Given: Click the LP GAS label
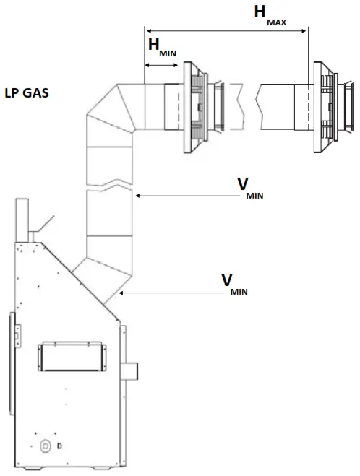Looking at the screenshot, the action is click(x=27, y=93).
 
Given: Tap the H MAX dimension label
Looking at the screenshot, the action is click(x=270, y=15).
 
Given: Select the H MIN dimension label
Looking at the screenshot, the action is click(x=162, y=48).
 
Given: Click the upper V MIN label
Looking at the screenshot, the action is click(x=250, y=189).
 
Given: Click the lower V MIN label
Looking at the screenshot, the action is click(x=234, y=284).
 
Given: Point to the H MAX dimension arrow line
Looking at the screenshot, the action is click(x=226, y=30).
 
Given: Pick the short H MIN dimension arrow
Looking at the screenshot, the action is click(x=162, y=65).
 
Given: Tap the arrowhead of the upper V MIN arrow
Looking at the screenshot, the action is click(x=137, y=196).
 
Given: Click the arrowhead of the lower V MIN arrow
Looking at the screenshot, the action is click(x=121, y=293).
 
